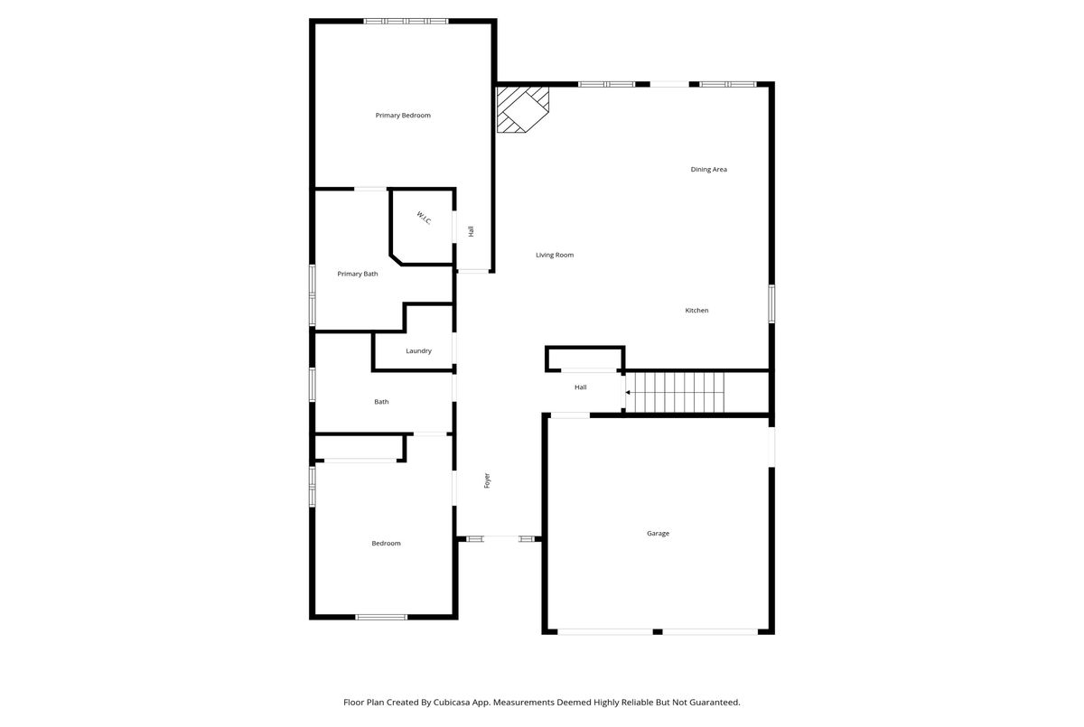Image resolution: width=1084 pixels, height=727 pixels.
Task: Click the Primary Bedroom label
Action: coord(403,116)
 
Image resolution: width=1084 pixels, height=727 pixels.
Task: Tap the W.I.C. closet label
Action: coord(424,219)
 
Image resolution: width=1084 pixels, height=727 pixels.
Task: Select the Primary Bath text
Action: coord(357,274)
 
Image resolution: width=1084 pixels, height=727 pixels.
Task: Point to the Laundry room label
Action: coord(418,350)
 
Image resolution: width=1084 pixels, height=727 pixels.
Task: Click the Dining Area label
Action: coord(708,169)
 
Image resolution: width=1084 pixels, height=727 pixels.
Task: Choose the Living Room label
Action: coord(555,255)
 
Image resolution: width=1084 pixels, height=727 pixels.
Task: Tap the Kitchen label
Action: coord(696,311)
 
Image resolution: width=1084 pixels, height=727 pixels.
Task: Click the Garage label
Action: coord(658,534)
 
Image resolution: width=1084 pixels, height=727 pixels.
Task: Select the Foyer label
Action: coord(487,480)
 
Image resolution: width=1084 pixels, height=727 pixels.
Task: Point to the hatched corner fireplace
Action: coord(523,110)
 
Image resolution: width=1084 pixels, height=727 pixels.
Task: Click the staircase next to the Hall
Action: coord(675,392)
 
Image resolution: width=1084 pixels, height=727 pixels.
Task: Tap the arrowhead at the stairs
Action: coord(628,393)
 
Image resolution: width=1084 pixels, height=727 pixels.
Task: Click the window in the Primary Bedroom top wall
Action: coord(406,22)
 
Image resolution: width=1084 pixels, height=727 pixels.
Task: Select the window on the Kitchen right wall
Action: coord(771,303)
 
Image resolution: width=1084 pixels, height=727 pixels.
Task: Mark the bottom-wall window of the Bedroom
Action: coord(381,617)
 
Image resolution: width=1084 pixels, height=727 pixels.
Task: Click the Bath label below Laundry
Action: coord(381,402)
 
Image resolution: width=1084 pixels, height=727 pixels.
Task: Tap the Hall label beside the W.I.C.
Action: coord(471,231)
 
